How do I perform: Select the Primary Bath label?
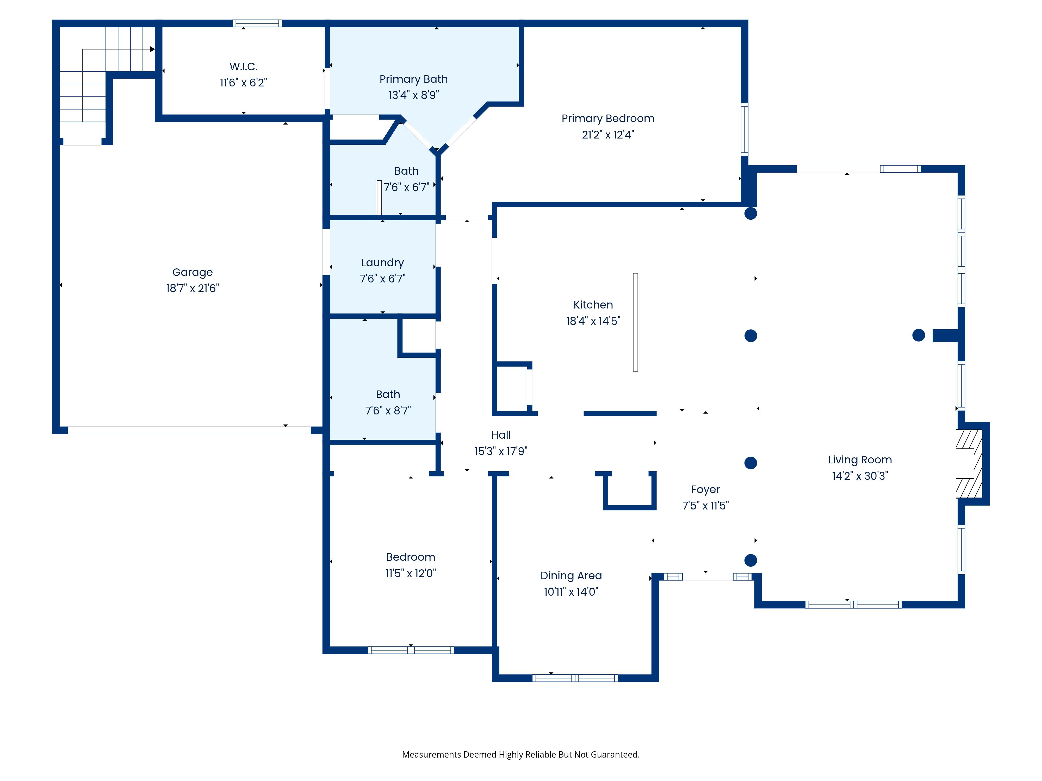pos(414,79)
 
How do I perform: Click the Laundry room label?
pos(382,263)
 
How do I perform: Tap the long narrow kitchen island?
pos(635,322)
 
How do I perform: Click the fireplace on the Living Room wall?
pos(969,464)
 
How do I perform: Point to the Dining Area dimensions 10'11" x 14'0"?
pos(571,592)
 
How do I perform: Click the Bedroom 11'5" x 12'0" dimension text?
pos(411,574)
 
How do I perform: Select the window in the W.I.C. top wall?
pos(257,23)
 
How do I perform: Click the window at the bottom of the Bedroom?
pos(411,650)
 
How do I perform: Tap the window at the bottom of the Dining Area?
pos(575,678)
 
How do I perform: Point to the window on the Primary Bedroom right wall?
pos(744,129)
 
